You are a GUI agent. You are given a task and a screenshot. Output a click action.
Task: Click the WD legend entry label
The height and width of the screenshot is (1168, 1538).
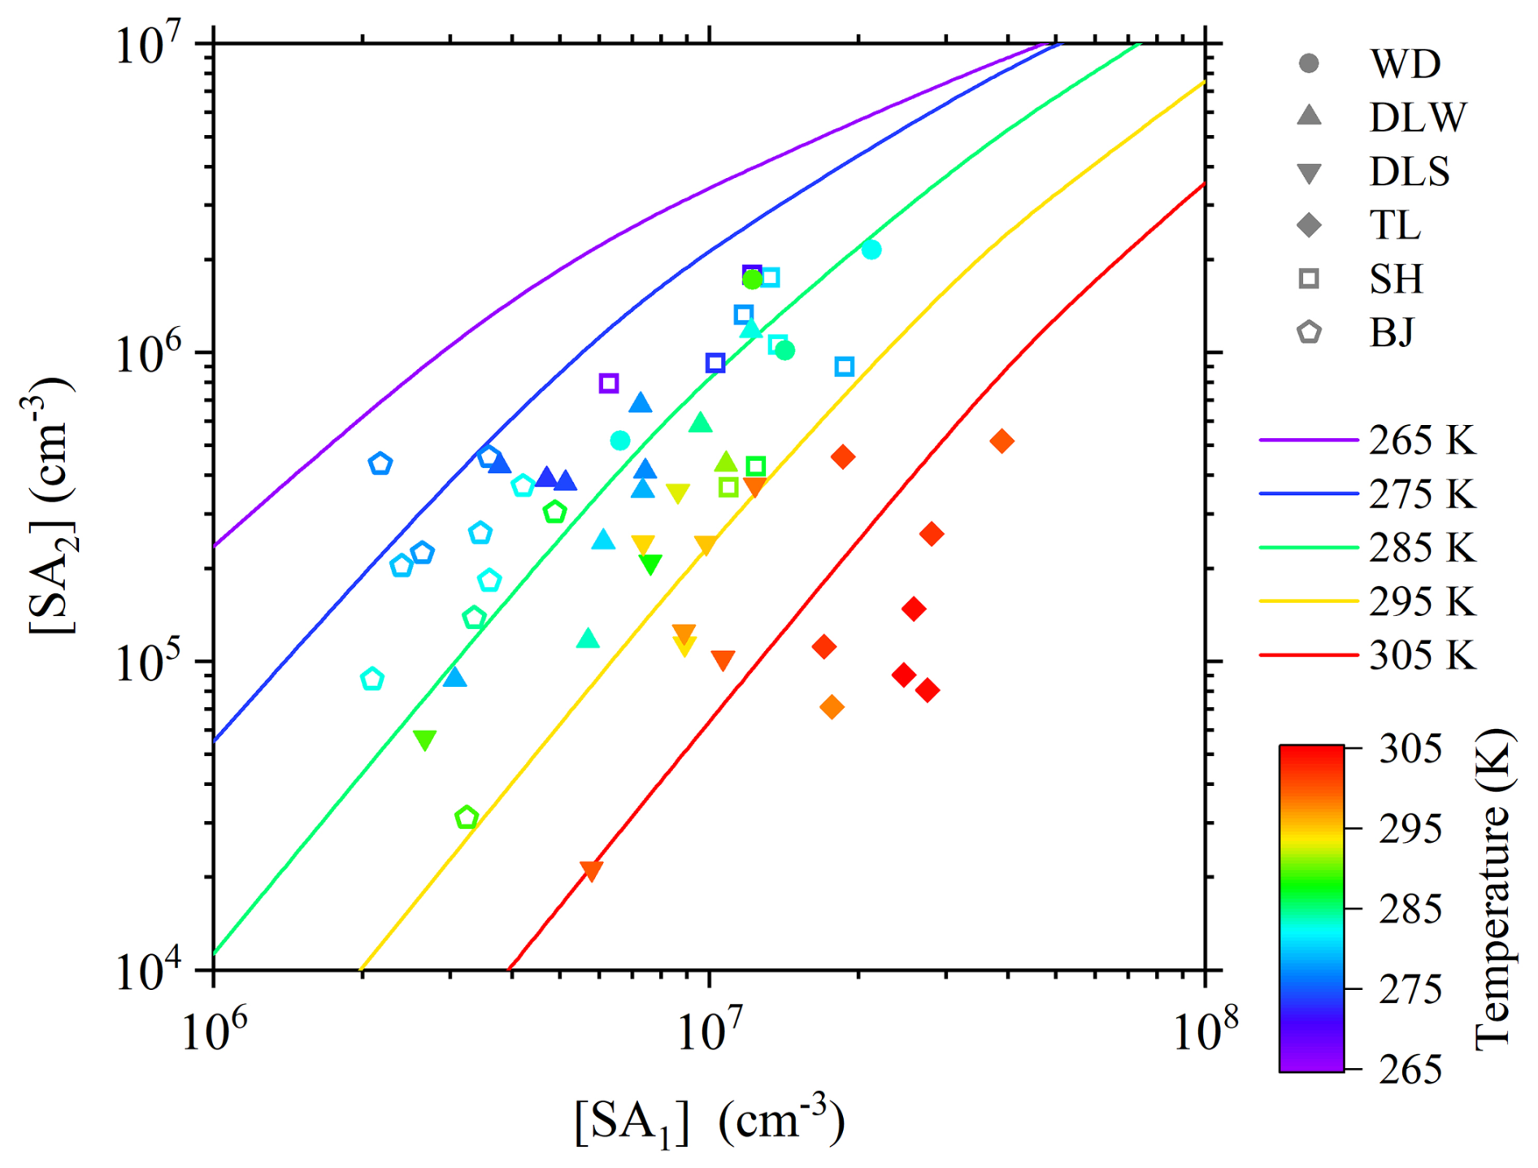coord(1405,64)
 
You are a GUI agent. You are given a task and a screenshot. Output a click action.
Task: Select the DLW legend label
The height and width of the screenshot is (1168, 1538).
coord(1418,118)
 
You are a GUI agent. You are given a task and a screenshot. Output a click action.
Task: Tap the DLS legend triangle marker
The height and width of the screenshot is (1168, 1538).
coord(1309,173)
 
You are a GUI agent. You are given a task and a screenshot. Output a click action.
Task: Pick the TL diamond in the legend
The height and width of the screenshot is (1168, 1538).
coord(1309,225)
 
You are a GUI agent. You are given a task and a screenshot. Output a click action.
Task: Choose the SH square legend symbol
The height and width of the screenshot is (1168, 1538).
coord(1309,279)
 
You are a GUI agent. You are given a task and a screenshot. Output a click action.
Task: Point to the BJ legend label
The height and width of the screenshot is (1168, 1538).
coord(1392,332)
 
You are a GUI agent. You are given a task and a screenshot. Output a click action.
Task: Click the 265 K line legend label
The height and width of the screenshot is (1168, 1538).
coord(1422,441)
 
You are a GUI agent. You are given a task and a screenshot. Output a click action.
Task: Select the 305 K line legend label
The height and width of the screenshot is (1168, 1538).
coord(1422,655)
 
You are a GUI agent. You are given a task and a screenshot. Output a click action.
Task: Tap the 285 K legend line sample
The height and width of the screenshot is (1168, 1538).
coord(1308,548)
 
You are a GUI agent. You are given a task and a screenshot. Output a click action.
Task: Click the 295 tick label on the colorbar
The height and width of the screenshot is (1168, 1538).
coord(1410,829)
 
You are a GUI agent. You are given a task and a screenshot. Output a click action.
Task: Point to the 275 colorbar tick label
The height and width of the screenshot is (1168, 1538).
coord(1410,990)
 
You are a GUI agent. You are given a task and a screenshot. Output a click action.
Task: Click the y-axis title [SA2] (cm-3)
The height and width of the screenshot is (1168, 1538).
coord(50,504)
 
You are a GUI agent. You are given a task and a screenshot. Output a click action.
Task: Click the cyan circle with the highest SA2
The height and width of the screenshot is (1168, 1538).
coord(871,250)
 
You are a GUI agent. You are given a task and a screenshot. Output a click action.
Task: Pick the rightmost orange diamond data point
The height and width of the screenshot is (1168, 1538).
coord(1001,441)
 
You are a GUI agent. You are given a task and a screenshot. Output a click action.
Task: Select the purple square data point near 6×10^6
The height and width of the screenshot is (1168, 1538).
coord(609,383)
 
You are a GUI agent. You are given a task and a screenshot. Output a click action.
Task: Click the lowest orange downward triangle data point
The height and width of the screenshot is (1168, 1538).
coord(592,871)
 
